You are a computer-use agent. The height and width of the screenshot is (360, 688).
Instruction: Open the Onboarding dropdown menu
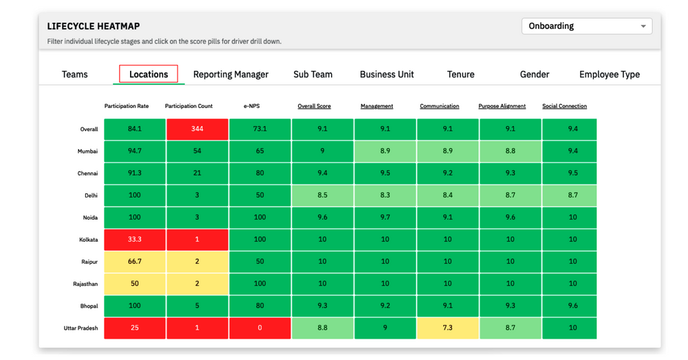coord(587,26)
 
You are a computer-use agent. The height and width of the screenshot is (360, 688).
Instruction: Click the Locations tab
coord(149,74)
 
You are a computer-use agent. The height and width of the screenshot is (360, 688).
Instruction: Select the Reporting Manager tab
coord(230,74)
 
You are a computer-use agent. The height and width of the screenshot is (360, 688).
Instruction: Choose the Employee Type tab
coord(609,74)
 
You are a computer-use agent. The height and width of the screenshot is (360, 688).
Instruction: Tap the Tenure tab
coord(460,74)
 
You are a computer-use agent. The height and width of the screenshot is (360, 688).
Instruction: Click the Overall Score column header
coord(314,106)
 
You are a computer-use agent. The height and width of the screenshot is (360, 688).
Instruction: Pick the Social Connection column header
coord(564,106)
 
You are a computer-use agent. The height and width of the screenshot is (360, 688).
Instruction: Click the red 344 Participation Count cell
coord(197,129)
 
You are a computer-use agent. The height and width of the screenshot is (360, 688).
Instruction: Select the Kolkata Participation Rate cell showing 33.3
coord(135,240)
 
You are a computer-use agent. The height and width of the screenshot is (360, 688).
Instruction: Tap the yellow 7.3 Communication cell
coord(448,328)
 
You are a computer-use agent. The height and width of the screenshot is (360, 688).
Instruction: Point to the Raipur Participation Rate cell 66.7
coord(135,262)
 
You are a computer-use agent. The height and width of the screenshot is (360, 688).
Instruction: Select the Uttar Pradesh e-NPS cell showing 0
coord(260,328)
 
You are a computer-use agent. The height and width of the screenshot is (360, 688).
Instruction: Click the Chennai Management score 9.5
coord(385,173)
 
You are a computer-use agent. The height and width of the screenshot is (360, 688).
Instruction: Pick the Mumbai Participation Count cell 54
coord(197,151)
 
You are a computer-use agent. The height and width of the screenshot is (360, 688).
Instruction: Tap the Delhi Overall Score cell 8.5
coord(323,195)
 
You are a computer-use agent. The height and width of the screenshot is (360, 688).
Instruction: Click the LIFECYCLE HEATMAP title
coord(94,26)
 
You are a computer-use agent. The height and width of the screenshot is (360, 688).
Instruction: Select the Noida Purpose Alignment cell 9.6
coord(510,218)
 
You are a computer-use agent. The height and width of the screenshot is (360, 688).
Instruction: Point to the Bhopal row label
coord(88,306)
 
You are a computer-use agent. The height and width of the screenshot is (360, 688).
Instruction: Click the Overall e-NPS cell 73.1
coord(260,129)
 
